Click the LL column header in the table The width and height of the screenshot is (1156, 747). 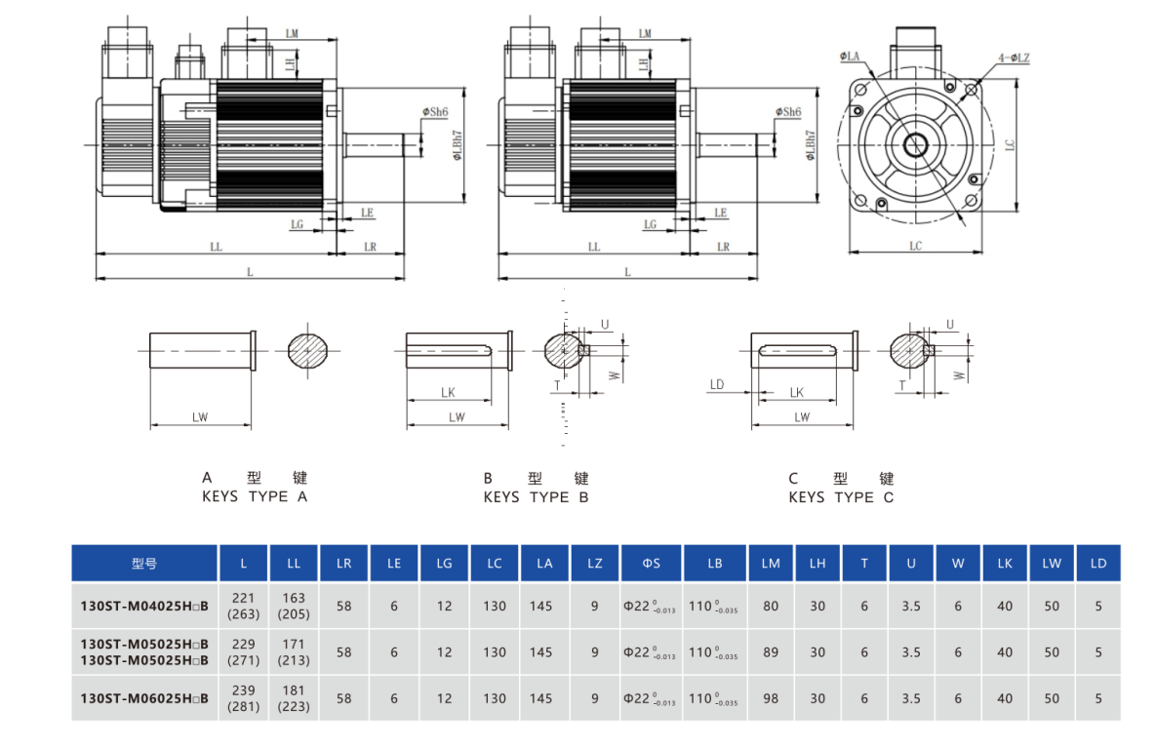tap(294, 564)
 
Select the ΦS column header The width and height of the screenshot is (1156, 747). tap(651, 564)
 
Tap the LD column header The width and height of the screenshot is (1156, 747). tap(1097, 564)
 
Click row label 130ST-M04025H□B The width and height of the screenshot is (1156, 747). tap(144, 607)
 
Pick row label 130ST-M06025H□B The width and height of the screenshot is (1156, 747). tap(144, 698)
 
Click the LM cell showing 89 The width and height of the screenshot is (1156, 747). tap(771, 652)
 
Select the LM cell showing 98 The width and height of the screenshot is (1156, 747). tap(771, 698)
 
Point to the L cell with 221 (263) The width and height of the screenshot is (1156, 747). tap(243, 606)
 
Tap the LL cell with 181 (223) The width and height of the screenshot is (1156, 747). tap(294, 698)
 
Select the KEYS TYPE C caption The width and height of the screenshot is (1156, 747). tap(840, 496)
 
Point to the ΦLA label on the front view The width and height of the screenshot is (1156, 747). tap(850, 59)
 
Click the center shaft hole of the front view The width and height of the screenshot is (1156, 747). tap(915, 146)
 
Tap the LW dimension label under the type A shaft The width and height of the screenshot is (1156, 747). tap(200, 417)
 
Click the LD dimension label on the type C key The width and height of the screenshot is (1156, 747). tap(717, 385)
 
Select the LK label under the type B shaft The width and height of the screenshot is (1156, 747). tap(448, 392)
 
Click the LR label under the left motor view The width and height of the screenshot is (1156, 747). tap(370, 247)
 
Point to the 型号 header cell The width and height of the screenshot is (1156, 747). tap(144, 564)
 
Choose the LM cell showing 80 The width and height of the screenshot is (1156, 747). tap(771, 607)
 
